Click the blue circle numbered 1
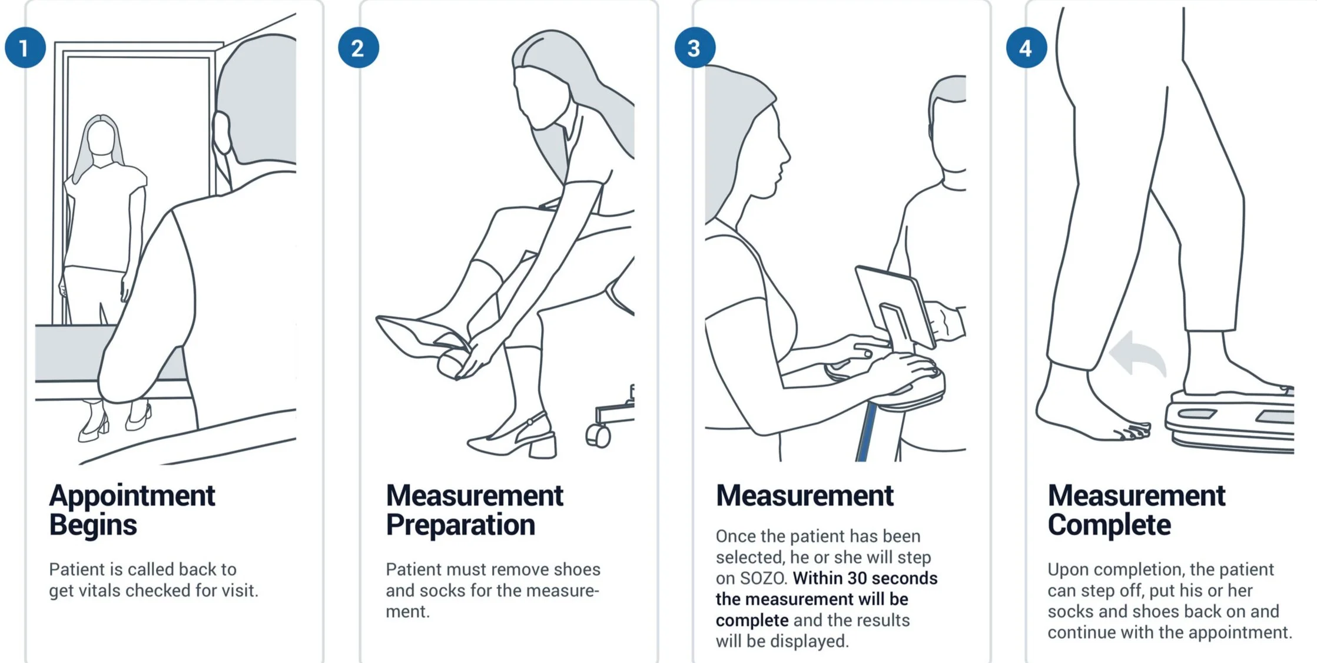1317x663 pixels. [25, 48]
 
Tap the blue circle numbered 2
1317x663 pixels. [358, 48]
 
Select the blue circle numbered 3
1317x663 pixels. [695, 48]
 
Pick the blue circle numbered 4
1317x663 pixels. [1026, 48]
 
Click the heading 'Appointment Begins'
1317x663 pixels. [132, 509]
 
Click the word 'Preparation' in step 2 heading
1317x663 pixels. [460, 525]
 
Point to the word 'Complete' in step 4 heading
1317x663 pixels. [1109, 525]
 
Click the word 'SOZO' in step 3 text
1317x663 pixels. [763, 578]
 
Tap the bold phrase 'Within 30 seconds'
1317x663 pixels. [865, 578]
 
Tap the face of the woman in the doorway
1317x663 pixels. [101, 138]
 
